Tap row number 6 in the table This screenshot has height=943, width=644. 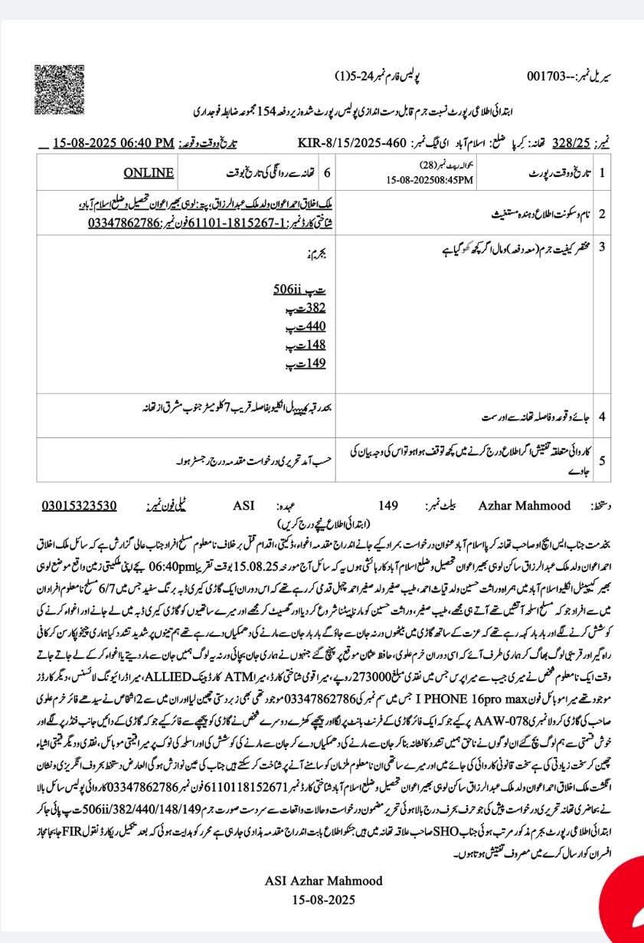click(327, 173)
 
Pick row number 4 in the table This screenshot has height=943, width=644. click(602, 417)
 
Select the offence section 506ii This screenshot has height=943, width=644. click(289, 290)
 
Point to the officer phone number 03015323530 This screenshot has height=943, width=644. click(80, 506)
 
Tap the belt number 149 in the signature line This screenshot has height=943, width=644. click(389, 506)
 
